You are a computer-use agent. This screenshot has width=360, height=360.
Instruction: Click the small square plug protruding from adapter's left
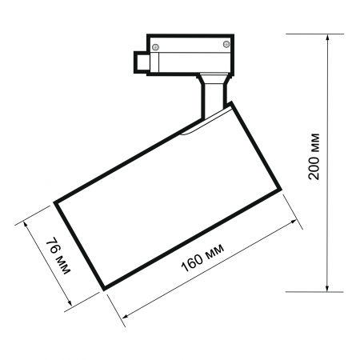pyautogui.click(x=141, y=61)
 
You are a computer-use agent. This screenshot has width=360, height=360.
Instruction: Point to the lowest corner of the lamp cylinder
pyautogui.click(x=102, y=287)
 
